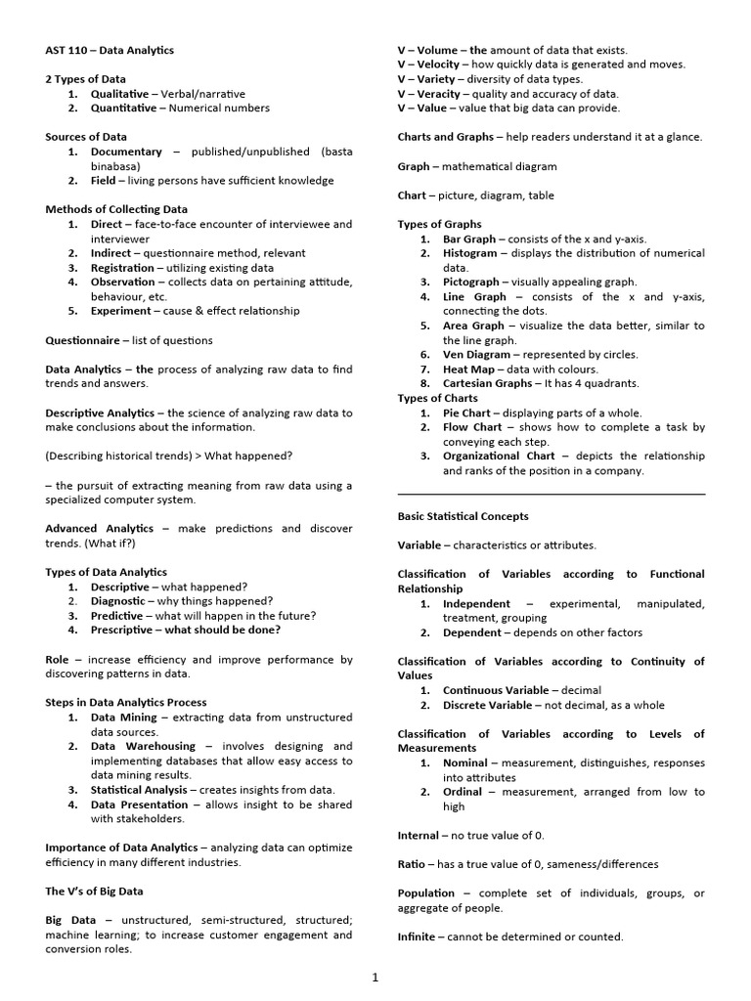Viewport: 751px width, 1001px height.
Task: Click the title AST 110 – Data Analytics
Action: click(110, 50)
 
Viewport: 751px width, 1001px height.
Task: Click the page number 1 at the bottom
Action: click(375, 976)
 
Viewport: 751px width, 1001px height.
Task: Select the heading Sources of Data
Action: click(86, 137)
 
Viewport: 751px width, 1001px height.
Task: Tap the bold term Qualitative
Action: click(120, 94)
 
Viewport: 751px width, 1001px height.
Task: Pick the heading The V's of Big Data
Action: click(94, 891)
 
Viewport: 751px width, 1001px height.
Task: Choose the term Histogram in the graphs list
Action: click(470, 253)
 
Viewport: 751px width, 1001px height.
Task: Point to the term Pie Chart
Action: click(467, 413)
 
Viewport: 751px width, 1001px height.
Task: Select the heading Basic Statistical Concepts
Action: click(463, 516)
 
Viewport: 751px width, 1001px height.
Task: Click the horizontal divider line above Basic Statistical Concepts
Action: click(551, 494)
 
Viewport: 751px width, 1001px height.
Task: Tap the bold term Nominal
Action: click(465, 762)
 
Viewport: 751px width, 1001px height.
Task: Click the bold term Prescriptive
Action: click(122, 631)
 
